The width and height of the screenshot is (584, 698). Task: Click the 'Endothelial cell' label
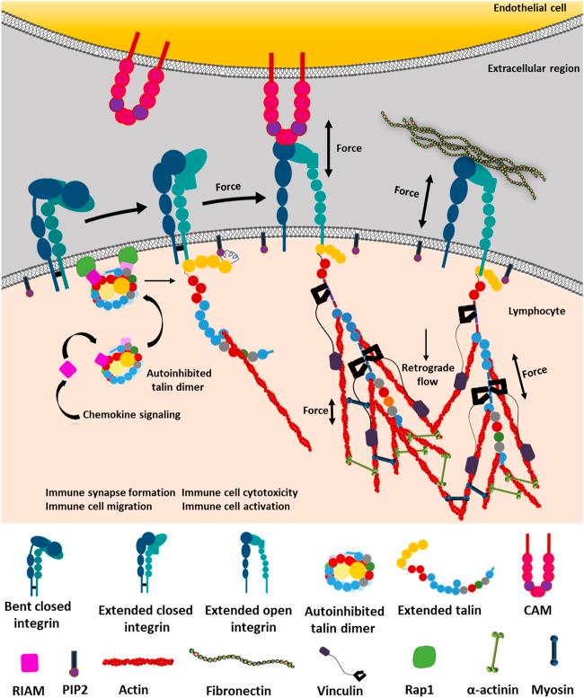click(535, 10)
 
